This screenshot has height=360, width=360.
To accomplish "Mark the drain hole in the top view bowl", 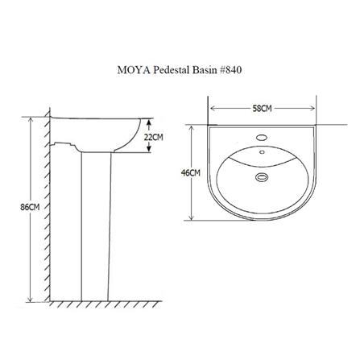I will point(261,177).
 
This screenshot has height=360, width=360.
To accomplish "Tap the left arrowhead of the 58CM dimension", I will point(213,108).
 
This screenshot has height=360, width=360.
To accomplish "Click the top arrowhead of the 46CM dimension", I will point(192,127).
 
